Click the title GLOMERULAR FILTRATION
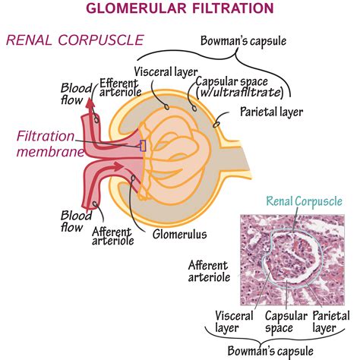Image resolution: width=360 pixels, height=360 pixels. pos(179,9)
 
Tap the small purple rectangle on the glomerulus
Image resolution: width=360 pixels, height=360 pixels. pos(143,145)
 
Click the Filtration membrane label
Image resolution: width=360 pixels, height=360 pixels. pos(47,144)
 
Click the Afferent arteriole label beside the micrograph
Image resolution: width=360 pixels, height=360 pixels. pos(209,272)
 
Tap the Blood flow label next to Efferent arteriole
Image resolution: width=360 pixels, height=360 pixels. pos(75,92)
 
